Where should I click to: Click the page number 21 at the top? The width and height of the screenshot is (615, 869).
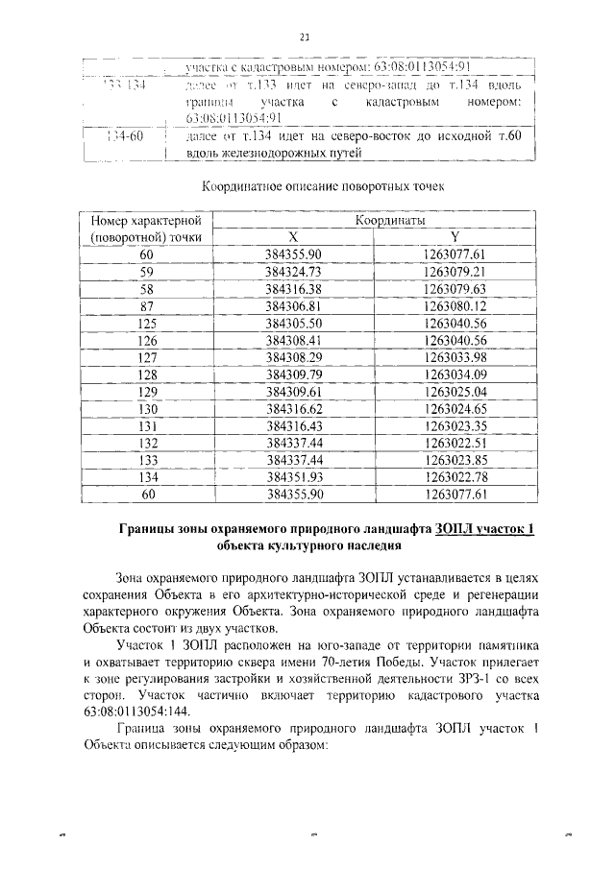pos(305,37)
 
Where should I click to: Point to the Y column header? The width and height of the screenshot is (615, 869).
pos(453,236)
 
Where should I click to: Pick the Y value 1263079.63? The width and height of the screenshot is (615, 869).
pos(453,288)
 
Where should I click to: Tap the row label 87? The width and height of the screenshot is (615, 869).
pos(146,305)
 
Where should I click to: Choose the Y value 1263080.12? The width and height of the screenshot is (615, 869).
pos(453,305)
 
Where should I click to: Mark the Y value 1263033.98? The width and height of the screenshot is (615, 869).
pos(453,357)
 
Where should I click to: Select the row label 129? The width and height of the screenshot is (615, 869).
pos(146,392)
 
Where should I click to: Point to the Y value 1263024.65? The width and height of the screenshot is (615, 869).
pos(453,409)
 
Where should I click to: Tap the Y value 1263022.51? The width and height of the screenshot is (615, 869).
pos(453,443)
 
